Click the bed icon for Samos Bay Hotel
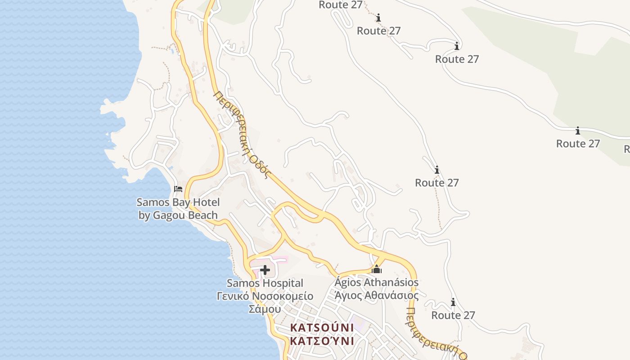(x=178, y=189)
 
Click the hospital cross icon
(x=265, y=270)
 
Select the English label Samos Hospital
(x=265, y=283)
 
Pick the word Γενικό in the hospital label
(x=233, y=296)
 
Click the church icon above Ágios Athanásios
(x=377, y=270)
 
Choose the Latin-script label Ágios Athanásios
(x=377, y=283)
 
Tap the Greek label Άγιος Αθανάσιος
(x=377, y=295)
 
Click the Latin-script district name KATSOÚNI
(x=322, y=328)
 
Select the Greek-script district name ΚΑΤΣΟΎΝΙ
(x=322, y=341)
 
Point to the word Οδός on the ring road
(x=260, y=166)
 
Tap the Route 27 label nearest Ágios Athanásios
(x=453, y=315)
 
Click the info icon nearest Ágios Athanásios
(x=453, y=302)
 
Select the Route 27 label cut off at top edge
(x=340, y=5)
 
